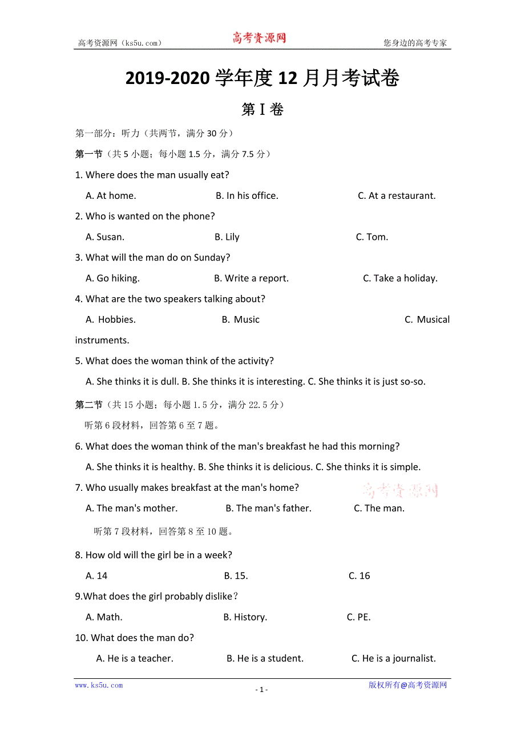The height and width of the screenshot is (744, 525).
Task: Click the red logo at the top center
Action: (x=259, y=38)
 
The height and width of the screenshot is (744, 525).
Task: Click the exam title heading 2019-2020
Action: (x=262, y=79)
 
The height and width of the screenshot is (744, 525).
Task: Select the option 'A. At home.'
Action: (x=111, y=195)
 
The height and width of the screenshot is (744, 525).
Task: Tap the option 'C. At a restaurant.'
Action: (x=397, y=195)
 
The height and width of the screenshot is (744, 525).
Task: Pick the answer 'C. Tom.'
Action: (x=372, y=237)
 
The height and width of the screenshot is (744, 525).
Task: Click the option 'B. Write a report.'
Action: (x=251, y=278)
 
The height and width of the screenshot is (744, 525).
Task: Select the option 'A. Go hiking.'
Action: (x=112, y=278)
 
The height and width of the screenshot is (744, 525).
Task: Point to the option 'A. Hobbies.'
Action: (x=111, y=319)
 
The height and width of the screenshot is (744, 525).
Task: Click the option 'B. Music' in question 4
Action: (x=240, y=319)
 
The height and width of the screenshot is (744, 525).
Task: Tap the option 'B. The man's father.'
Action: (x=268, y=508)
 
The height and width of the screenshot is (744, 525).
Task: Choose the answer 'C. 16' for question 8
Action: (x=360, y=575)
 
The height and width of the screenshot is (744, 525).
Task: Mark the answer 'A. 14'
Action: (x=96, y=575)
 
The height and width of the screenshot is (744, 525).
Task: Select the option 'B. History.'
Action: (x=245, y=617)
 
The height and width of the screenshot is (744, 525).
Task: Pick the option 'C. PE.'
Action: (x=359, y=617)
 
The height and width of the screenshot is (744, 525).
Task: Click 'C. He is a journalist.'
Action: (x=394, y=658)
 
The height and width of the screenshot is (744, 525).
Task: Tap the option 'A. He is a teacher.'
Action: (x=135, y=658)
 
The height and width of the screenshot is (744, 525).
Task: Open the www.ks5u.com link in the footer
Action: (x=99, y=685)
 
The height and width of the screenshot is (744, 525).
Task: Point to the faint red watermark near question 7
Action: (x=401, y=490)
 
